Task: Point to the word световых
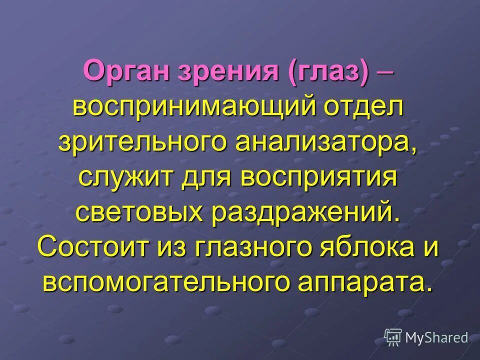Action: [139, 212]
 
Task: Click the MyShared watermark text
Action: [437, 337]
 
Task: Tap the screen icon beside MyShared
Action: [393, 337]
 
